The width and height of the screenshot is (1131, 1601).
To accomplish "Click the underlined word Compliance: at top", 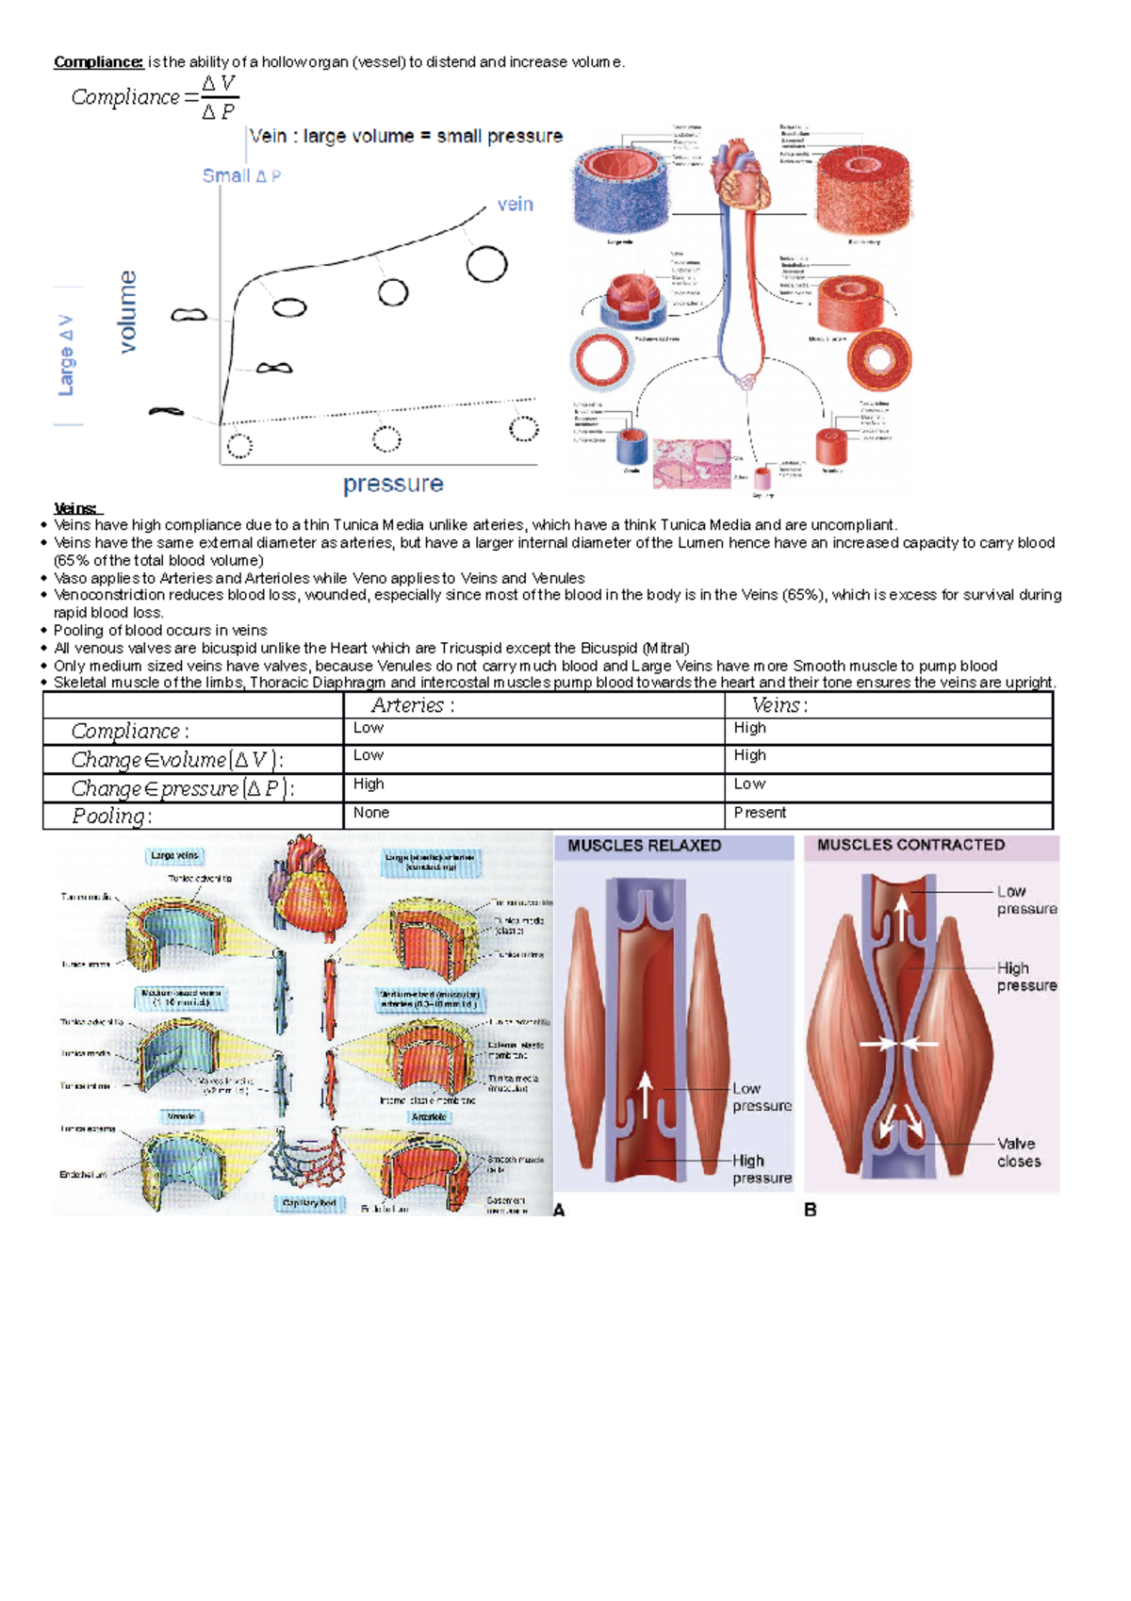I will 98,62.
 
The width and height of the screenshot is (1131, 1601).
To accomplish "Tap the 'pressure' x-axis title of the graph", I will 393,484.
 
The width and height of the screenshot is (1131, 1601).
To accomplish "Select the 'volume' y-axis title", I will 128,312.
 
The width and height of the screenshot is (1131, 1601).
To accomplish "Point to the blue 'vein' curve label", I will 515,205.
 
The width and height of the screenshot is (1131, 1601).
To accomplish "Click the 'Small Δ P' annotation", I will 241,176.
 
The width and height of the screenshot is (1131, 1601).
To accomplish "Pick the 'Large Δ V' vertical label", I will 66,355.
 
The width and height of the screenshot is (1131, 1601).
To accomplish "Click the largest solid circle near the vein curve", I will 486,264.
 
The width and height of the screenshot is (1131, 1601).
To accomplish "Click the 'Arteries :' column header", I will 412,705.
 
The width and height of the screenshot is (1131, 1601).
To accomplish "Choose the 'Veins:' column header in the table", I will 779,705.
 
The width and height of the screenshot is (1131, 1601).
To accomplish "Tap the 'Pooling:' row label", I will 111,817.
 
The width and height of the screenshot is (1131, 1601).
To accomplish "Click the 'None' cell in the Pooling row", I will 371,813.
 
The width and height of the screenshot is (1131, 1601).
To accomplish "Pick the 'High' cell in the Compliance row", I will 750,728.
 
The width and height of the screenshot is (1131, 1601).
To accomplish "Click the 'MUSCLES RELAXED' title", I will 644,846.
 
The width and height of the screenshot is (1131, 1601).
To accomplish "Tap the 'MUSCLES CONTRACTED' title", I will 910,845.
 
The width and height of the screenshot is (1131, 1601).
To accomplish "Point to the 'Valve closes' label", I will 1019,1152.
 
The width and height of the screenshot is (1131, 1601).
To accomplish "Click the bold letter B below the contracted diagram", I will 811,1210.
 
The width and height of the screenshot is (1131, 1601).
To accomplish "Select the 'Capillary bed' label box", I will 309,1203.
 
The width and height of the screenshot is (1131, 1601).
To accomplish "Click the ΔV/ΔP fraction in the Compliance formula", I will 219,97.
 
